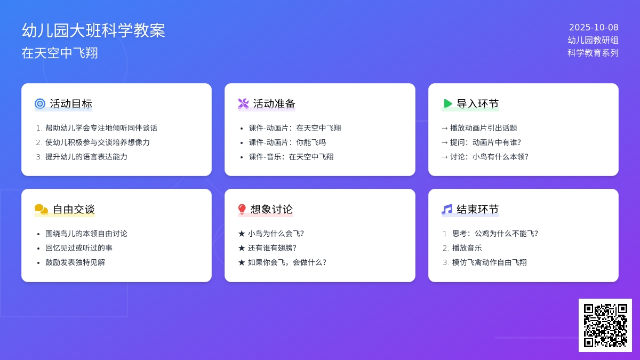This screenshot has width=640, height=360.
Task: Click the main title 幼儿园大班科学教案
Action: [93, 30]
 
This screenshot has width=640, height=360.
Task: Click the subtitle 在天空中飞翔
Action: [60, 53]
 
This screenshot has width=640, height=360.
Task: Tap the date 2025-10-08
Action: [594, 28]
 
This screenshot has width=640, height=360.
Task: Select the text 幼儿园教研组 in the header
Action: [593, 40]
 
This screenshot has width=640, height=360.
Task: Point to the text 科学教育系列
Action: [593, 53]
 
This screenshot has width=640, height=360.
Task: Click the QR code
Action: [605, 325]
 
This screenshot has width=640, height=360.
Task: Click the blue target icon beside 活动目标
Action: [40, 103]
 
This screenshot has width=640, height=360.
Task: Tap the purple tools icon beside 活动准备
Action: [243, 103]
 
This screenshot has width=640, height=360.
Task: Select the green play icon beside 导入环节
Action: [447, 103]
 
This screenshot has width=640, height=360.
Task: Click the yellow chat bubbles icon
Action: [41, 209]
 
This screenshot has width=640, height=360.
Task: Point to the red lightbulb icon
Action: [242, 209]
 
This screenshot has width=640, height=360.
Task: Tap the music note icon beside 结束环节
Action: [447, 209]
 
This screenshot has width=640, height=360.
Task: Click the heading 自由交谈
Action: [74, 209]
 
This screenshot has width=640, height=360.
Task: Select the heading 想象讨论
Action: [271, 209]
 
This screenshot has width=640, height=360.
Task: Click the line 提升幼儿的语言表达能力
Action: [86, 157]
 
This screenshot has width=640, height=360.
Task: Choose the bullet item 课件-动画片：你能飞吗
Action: [287, 142]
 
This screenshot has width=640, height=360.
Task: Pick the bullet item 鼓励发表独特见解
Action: [75, 262]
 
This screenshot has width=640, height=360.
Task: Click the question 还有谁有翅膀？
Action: [272, 248]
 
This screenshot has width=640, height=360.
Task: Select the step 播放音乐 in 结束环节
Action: [467, 248]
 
